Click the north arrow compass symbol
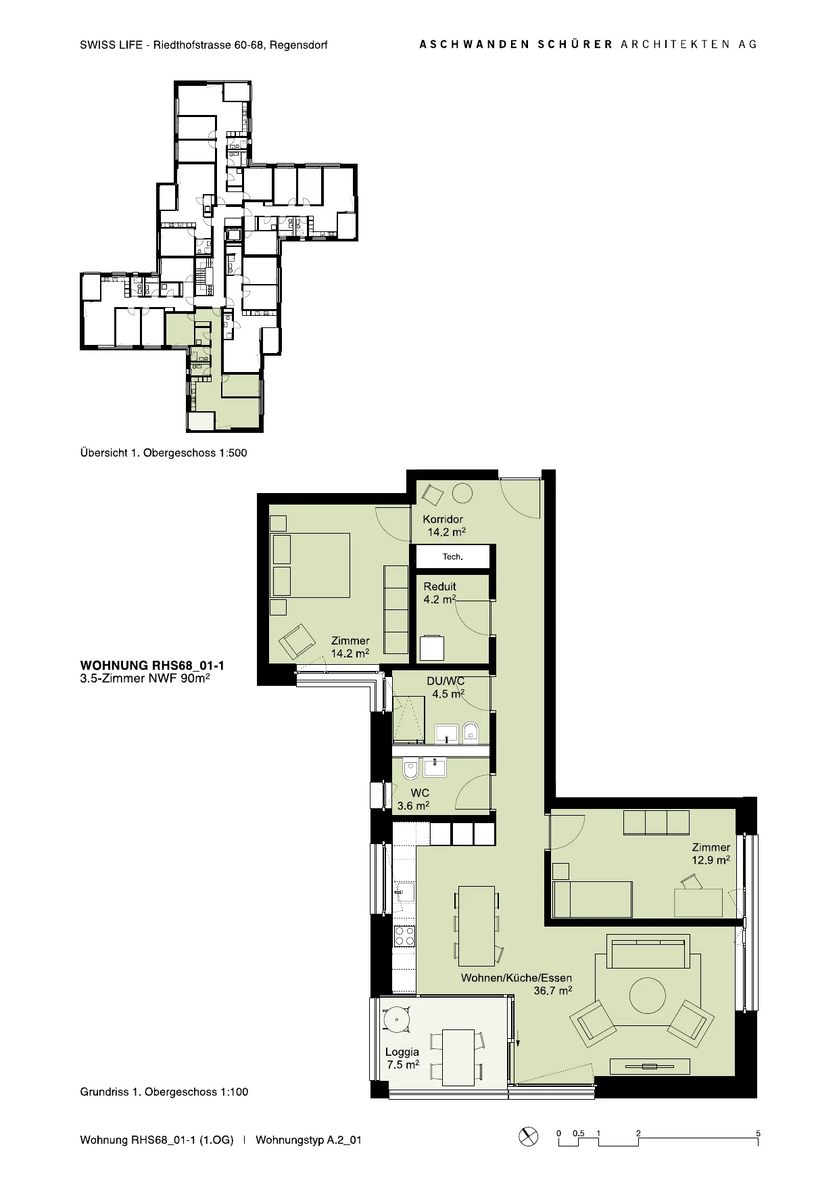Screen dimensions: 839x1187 tap(528, 1136)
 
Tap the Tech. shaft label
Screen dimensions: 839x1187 tap(452, 557)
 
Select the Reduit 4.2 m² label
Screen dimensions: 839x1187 tap(440, 592)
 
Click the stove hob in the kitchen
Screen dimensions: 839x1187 tap(404, 936)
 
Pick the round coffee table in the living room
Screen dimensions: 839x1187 tap(648, 995)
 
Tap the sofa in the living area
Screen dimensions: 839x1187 tap(648, 951)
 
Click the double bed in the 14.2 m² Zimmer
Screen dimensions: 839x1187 tap(310, 565)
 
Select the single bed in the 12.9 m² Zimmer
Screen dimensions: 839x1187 tap(592, 899)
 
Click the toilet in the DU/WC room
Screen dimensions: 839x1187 tap(471, 732)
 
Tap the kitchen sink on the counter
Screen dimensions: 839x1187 tap(405, 892)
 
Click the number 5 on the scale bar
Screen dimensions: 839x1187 tap(759, 1134)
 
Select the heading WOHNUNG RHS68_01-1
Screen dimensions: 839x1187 tap(152, 666)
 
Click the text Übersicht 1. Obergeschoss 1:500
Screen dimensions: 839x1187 tap(164, 453)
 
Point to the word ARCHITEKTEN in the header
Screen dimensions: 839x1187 tap(675, 44)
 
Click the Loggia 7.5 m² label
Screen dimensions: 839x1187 tap(402, 1058)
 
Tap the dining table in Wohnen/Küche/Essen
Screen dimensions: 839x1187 tap(476, 926)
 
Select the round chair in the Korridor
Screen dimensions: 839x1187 tap(462, 493)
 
